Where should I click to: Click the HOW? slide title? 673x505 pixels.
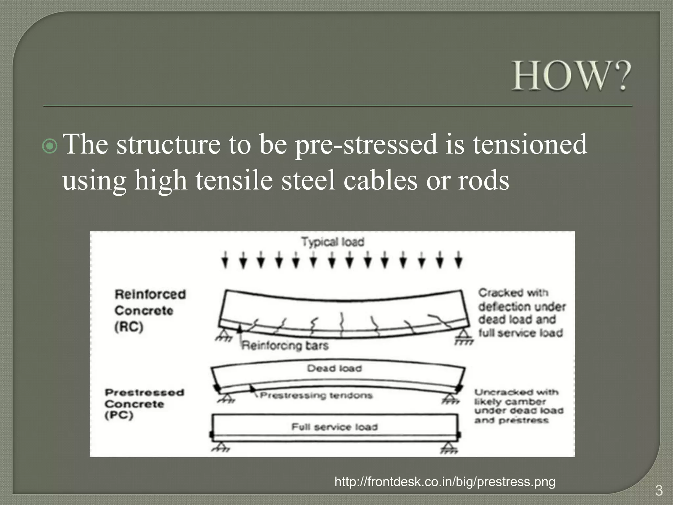point(571,76)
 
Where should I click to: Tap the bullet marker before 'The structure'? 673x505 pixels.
point(50,146)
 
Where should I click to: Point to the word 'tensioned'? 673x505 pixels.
point(530,145)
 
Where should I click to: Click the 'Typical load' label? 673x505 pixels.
point(333,242)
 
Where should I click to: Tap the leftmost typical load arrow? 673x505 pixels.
point(225,260)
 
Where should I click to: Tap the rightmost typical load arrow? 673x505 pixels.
point(459,260)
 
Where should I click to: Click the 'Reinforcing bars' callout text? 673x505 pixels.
point(285,346)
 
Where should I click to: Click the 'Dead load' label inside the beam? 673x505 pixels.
point(334,369)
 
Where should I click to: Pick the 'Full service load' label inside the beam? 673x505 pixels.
point(335,427)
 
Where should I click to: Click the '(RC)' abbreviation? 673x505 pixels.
point(129,327)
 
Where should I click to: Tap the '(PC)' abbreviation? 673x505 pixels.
point(119,415)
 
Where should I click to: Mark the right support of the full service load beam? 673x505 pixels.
point(449,448)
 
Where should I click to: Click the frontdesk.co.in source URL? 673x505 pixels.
point(445,482)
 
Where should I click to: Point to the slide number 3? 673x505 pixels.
point(659,491)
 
